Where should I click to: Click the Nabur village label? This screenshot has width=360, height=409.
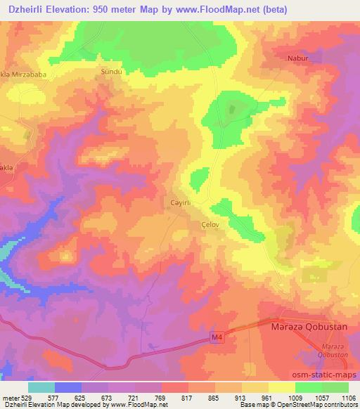pos(298,60)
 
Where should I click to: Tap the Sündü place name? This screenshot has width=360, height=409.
pos(112,71)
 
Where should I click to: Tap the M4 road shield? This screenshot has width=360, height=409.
pos(219,339)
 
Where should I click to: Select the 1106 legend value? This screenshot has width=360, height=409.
pos(348,397)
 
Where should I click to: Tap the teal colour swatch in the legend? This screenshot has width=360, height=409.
pos(41,387)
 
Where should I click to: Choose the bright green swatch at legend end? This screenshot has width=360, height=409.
pos(335,387)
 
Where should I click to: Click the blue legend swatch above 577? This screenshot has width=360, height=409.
pos(68,387)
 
